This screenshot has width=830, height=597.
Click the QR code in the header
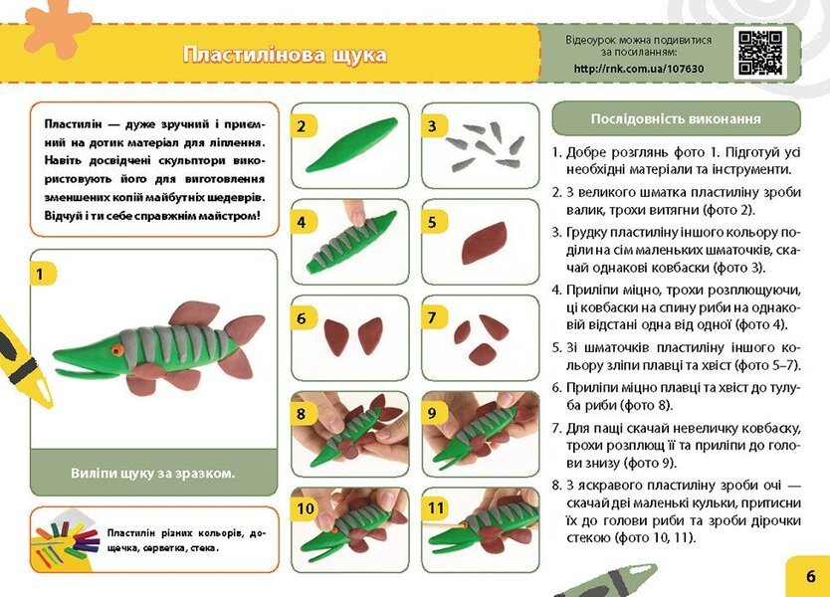pyautogui.click(x=759, y=53)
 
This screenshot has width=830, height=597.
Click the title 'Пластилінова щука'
pyautogui.click(x=285, y=54)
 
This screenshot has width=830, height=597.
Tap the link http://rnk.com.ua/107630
pyautogui.click(x=638, y=69)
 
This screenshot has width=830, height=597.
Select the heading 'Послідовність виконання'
pyautogui.click(x=676, y=118)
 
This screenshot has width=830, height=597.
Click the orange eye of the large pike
pyautogui.click(x=117, y=349)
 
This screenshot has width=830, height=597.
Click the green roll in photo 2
pyautogui.click(x=350, y=145)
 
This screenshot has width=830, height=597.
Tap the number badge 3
pyautogui.click(x=434, y=125)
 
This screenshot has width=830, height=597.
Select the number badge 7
pyautogui.click(x=434, y=317)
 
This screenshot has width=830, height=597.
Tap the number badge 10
pyautogui.click(x=306, y=507)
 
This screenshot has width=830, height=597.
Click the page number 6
pyautogui.click(x=810, y=575)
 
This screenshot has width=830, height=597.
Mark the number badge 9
pyautogui.click(x=434, y=412)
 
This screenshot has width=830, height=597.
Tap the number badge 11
pyautogui.click(x=436, y=507)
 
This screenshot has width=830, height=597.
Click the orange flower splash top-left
pyautogui.click(x=57, y=22)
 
